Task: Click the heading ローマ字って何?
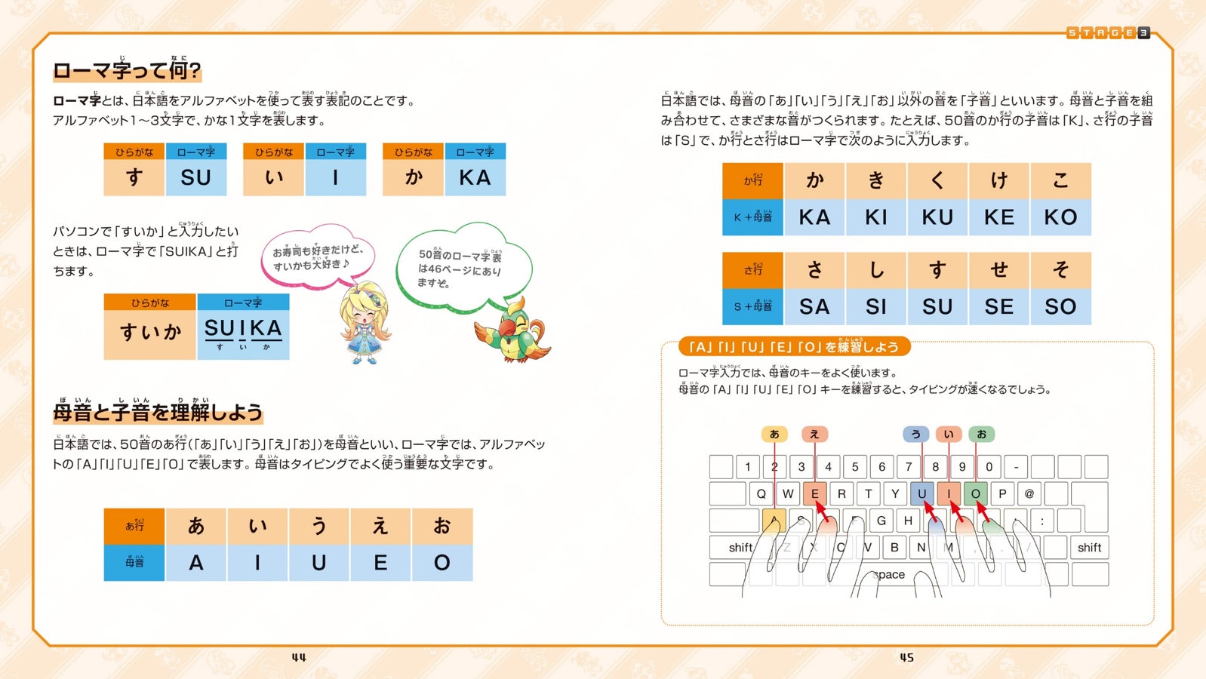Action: click(x=127, y=71)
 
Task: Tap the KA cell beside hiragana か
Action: click(x=475, y=178)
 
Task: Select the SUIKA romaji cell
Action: click(x=243, y=333)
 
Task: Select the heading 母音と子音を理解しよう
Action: click(x=158, y=412)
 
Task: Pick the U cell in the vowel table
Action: click(x=319, y=563)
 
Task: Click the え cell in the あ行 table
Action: click(x=380, y=526)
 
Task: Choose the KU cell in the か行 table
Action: click(x=937, y=217)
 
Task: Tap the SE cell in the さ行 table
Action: click(x=998, y=307)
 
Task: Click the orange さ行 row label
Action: click(x=752, y=270)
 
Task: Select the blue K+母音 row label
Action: click(x=752, y=217)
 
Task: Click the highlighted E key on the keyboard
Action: click(x=814, y=494)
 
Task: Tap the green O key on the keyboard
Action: click(x=975, y=494)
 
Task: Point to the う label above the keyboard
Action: click(x=915, y=435)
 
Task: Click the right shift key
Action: click(x=1089, y=548)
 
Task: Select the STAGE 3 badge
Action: click(x=1108, y=33)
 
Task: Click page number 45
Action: click(x=906, y=658)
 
